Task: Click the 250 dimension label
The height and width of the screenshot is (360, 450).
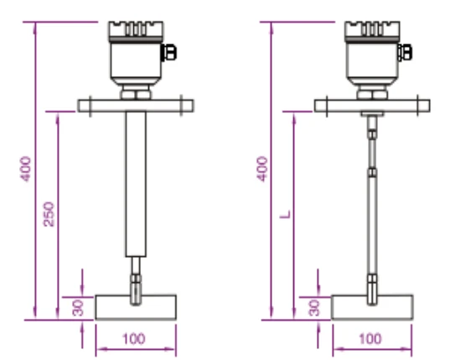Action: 49,214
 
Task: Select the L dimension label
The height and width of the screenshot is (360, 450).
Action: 286,214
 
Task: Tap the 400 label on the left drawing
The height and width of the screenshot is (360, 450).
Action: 25,169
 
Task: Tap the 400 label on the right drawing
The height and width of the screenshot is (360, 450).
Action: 262,169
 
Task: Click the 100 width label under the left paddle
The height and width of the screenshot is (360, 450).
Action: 134,339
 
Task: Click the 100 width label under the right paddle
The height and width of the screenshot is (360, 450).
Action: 370,339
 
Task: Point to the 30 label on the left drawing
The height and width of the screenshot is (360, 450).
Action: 78,308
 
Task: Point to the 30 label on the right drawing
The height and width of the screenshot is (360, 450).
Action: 314,308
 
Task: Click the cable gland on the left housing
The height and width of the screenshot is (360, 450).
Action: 168,53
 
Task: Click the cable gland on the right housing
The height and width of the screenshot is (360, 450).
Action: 405,53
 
